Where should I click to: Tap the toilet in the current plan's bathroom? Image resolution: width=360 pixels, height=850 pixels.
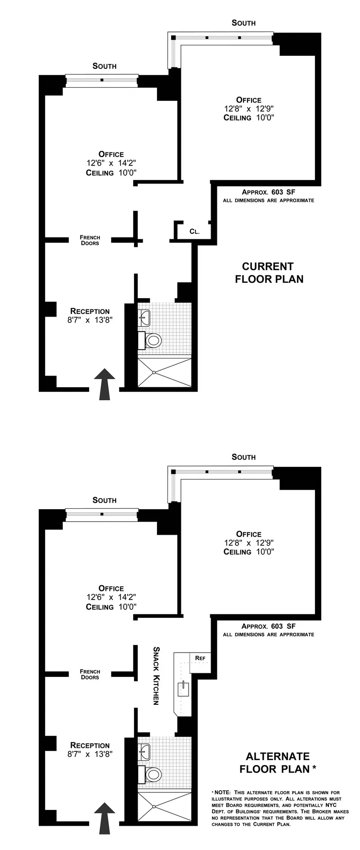(x=151, y=340)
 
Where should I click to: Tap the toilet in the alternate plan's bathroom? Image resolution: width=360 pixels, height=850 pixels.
(x=151, y=774)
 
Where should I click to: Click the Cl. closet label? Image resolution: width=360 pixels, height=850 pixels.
(x=194, y=232)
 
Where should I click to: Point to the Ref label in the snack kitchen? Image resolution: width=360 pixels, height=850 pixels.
(x=200, y=658)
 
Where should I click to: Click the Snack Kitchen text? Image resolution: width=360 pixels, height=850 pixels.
(x=157, y=676)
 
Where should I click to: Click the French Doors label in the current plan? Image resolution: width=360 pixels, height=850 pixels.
(x=90, y=240)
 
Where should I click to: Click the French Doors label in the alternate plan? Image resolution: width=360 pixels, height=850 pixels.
(x=90, y=674)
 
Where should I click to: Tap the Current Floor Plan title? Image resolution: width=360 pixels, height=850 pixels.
(x=269, y=273)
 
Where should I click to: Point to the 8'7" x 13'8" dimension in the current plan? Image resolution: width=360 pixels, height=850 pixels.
(x=90, y=320)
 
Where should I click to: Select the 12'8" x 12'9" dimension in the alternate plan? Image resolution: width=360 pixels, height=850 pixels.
(x=249, y=543)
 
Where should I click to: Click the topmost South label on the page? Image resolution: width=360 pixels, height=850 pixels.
(x=243, y=22)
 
